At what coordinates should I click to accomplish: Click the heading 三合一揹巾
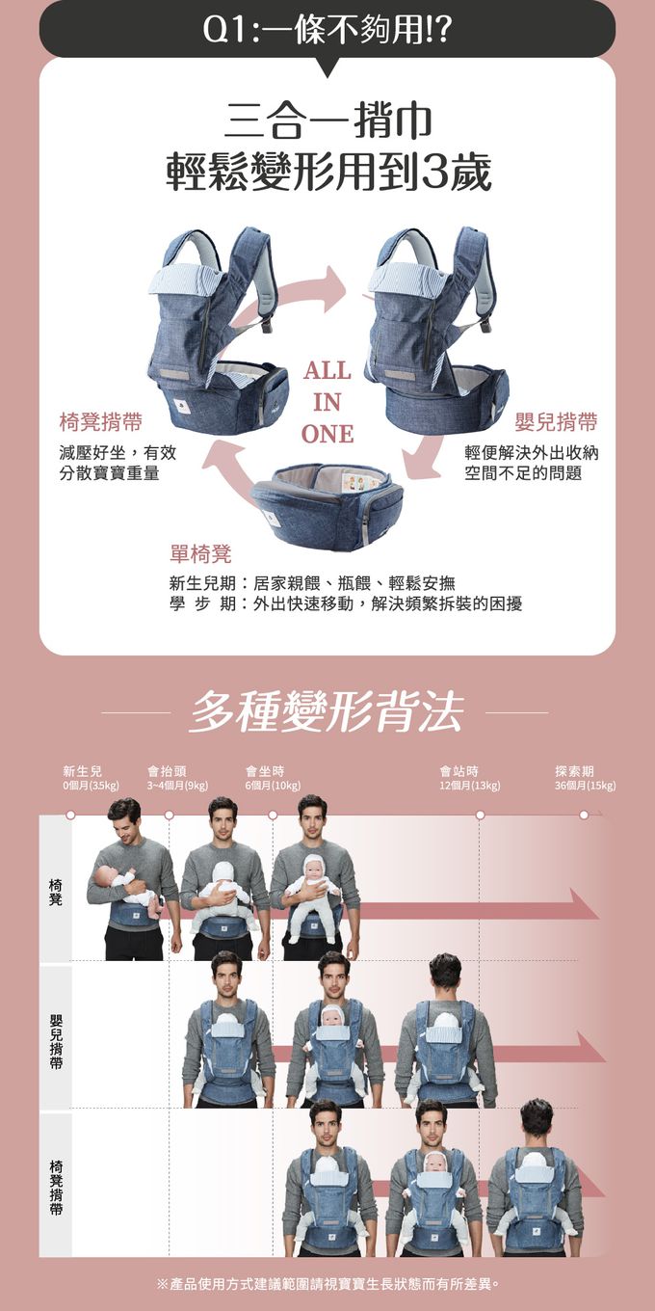click(x=327, y=121)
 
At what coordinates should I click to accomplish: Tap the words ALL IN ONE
click(x=327, y=402)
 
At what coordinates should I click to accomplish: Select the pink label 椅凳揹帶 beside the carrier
click(x=101, y=421)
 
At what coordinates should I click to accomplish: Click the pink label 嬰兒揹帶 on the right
click(x=556, y=421)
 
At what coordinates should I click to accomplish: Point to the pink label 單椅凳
click(x=200, y=553)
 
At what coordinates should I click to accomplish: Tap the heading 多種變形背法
click(x=327, y=712)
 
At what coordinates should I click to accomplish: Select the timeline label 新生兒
click(x=83, y=771)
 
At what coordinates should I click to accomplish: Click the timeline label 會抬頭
click(x=167, y=771)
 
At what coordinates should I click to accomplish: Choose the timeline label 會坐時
click(x=265, y=771)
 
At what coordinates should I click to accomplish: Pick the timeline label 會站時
click(x=459, y=771)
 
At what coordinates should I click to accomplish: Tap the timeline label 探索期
click(x=574, y=771)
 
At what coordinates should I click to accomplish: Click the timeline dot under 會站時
click(x=480, y=815)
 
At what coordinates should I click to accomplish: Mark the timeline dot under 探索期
click(x=584, y=815)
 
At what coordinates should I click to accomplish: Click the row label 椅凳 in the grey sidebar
click(x=56, y=892)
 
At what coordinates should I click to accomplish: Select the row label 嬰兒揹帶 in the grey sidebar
click(x=56, y=1041)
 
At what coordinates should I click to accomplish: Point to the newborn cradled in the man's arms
click(x=127, y=888)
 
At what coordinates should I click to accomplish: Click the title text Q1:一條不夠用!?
click(x=327, y=30)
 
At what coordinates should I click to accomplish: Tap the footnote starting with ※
click(x=328, y=1283)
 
